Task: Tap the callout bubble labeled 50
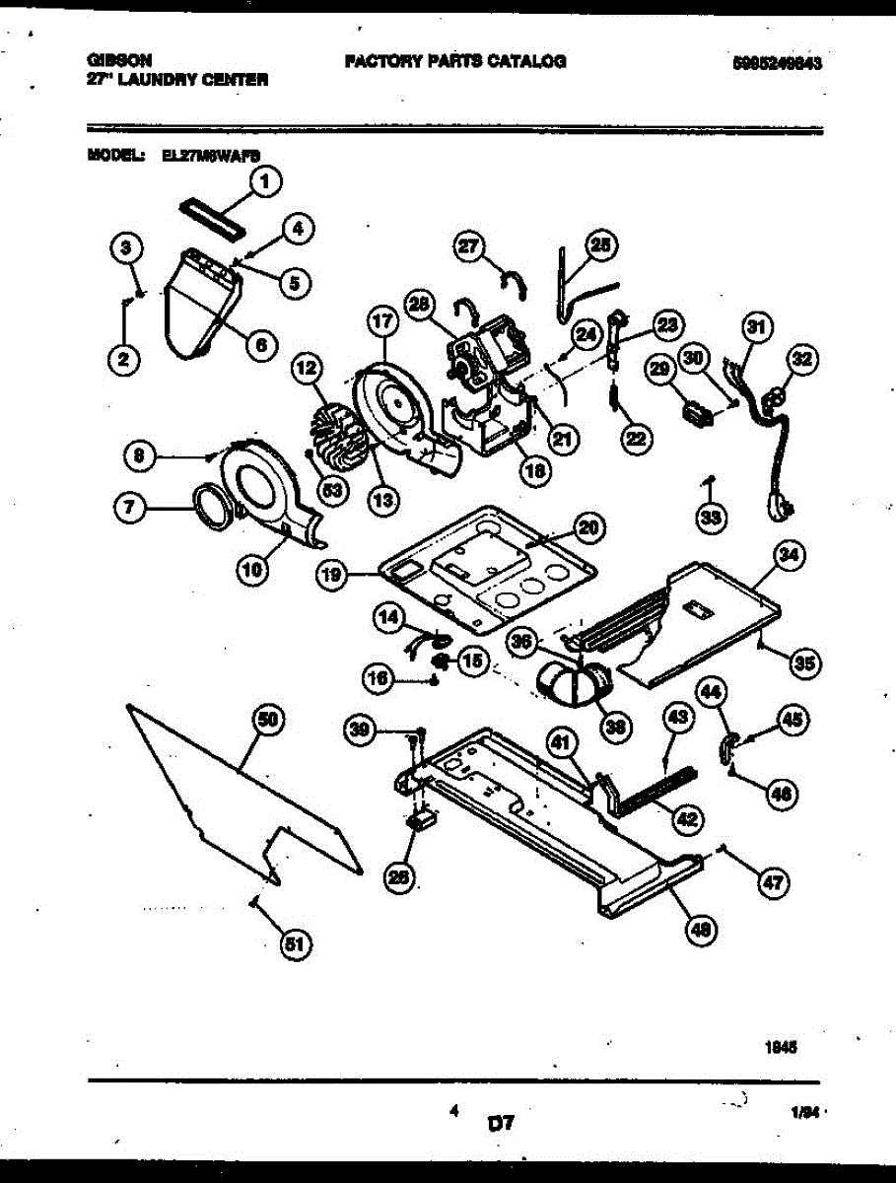[265, 721]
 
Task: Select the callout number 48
[702, 928]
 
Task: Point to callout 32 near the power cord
[804, 360]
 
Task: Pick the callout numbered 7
[130, 509]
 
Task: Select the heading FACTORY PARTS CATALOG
[455, 60]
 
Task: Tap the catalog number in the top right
[778, 61]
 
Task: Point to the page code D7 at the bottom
[502, 1123]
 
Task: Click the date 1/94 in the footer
[804, 1111]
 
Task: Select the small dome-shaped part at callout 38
[573, 682]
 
